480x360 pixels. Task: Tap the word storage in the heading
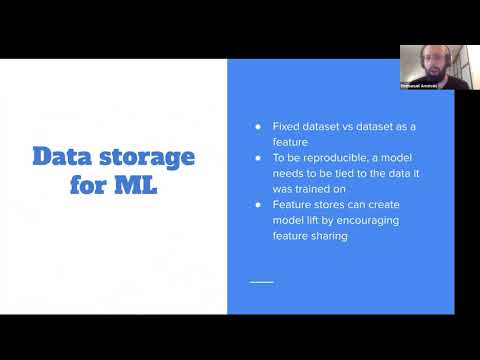(x=147, y=158)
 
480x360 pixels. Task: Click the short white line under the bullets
(x=261, y=282)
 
